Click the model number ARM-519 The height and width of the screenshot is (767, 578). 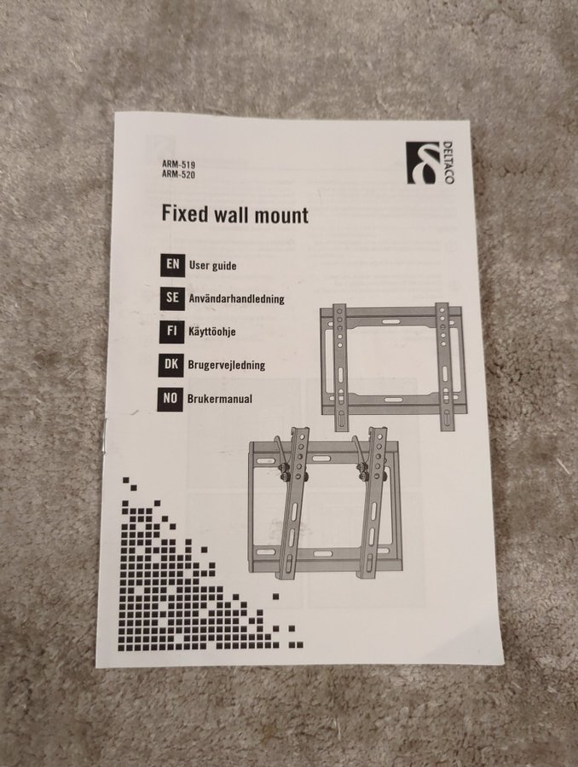pos(179,164)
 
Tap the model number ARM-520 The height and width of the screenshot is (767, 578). pos(179,174)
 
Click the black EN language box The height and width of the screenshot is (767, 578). pos(173,265)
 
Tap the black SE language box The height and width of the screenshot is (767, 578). pos(172,298)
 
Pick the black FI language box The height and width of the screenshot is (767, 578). pos(171,332)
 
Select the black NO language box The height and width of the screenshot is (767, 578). pos(171,399)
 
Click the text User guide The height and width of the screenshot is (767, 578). pos(213,266)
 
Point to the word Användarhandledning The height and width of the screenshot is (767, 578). pos(236,298)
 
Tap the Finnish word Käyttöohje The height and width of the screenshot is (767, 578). pos(212,332)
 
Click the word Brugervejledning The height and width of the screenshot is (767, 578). pos(227,366)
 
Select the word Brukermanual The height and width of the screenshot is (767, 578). pos(220,399)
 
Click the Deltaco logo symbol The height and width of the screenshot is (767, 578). pos(422,163)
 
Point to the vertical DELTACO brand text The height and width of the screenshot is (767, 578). pos(448,163)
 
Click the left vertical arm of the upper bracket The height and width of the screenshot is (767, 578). pos(340,366)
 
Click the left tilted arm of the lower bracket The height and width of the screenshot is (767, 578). pos(292,503)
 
